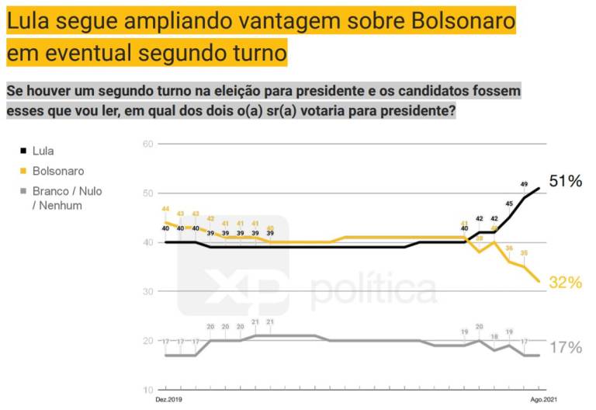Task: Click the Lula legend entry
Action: point(42,151)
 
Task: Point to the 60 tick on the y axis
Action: point(148,144)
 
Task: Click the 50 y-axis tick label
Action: point(148,193)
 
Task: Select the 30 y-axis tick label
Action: point(148,291)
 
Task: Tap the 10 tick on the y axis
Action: point(148,390)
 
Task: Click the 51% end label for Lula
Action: point(565,182)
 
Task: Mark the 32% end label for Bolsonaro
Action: point(565,283)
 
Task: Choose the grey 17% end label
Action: point(565,348)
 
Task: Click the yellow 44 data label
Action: point(165,210)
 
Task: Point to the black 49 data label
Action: point(524,185)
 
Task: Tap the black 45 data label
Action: point(509,204)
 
